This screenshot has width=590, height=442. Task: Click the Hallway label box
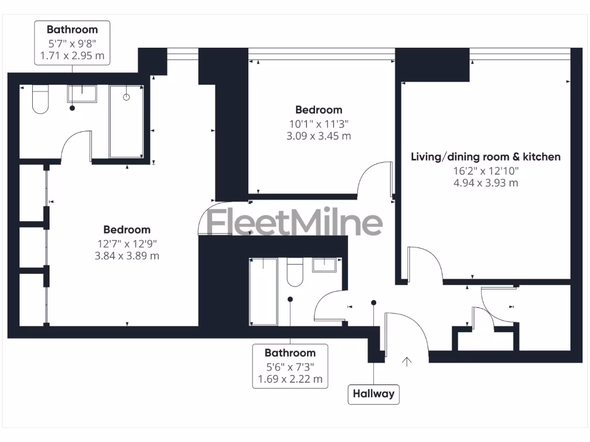[373, 394]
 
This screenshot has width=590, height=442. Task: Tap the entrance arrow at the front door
[407, 361]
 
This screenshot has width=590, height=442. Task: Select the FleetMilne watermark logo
[294, 223]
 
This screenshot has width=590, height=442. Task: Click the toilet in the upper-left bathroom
[40, 100]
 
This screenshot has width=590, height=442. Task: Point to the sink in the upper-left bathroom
[82, 93]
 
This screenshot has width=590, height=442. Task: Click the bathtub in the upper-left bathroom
[126, 121]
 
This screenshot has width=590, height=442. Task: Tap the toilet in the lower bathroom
[295, 272]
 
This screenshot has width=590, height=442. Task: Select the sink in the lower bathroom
[327, 265]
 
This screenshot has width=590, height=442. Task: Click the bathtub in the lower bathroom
[263, 291]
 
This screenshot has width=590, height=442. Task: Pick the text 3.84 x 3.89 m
[127, 256]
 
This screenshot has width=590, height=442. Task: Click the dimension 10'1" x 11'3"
[319, 123]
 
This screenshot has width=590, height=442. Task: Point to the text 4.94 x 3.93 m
[486, 183]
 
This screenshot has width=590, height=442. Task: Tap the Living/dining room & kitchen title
[486, 157]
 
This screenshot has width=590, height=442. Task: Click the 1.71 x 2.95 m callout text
[72, 55]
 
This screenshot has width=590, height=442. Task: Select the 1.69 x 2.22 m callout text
[290, 379]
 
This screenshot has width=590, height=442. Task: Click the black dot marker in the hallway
[373, 302]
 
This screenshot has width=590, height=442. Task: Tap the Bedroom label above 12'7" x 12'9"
[127, 230]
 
